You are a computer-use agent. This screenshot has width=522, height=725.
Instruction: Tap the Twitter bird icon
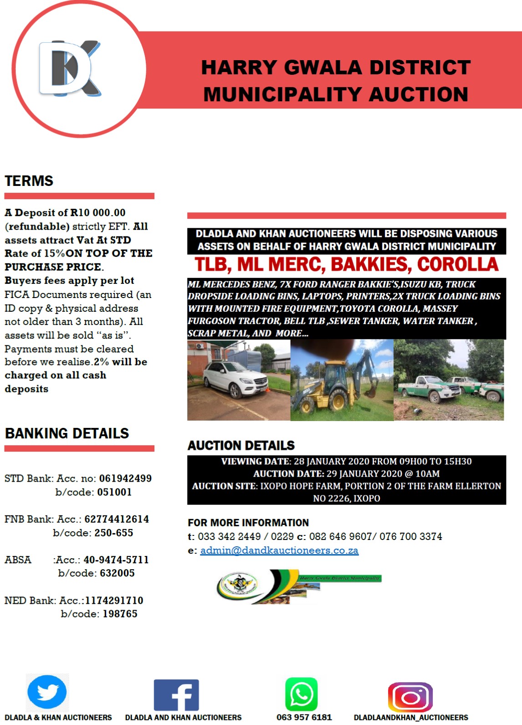coord(47,692)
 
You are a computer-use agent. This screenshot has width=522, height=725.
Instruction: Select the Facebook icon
coord(176,695)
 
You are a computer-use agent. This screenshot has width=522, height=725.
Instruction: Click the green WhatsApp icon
coord(301,694)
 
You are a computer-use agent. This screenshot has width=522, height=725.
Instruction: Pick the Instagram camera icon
coord(410,697)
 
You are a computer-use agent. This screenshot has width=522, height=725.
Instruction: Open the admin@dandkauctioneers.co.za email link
coord(279,550)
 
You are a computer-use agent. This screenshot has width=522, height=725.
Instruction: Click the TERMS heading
coord(29,181)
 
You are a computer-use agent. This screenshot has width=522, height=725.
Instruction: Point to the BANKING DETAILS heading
coord(67,433)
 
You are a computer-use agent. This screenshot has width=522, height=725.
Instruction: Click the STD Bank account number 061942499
coord(125,478)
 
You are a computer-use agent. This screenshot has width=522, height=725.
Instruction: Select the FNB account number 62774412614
coord(117,519)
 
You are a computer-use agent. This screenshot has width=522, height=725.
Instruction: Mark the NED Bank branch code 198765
coord(120,614)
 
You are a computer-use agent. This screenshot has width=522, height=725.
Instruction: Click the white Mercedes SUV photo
coord(238,380)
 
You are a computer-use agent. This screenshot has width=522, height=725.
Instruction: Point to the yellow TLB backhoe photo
coord(342,380)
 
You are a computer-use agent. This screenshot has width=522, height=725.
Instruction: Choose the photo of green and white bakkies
coord(449,380)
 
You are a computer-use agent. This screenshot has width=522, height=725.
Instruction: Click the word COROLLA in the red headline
coord(458,265)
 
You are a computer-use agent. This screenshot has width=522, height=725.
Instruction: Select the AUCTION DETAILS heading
coord(241,445)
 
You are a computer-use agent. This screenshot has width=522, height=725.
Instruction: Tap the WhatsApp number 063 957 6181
coord(304,717)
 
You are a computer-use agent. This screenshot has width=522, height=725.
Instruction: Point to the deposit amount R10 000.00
coord(97,213)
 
